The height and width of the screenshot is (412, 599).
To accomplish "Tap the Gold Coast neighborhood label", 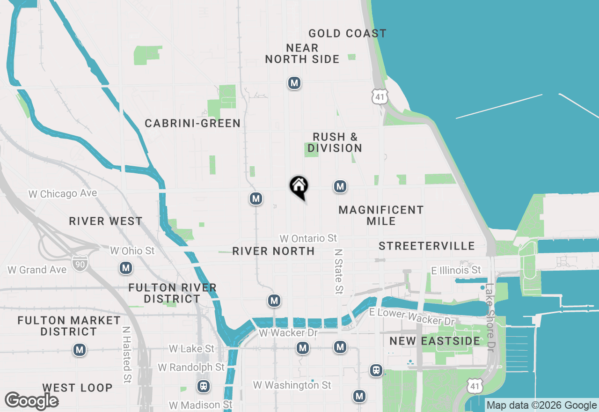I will pyautogui.click(x=347, y=33).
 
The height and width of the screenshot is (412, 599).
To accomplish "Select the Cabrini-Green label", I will pyautogui.click(x=192, y=123).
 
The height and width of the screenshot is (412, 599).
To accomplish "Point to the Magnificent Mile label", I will pyautogui.click(x=381, y=215).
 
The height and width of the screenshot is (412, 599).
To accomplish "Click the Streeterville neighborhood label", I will pyautogui.click(x=426, y=246).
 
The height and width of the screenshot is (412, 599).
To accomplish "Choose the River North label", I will pyautogui.click(x=273, y=251).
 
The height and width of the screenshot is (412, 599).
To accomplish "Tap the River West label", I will pyautogui.click(x=105, y=221).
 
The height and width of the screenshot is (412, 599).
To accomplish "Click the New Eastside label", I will pyautogui.click(x=435, y=341).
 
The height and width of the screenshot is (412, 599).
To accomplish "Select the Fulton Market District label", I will pyautogui.click(x=69, y=326).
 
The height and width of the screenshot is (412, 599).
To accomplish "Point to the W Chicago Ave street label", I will pyautogui.click(x=63, y=193).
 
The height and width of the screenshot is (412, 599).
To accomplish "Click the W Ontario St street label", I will pyautogui.click(x=308, y=238).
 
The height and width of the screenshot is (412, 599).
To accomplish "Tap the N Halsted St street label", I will pyautogui.click(x=126, y=354).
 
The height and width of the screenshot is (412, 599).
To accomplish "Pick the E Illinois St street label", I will pyautogui.click(x=456, y=270).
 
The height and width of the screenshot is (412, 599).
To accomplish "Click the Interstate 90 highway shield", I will pyautogui.click(x=79, y=264).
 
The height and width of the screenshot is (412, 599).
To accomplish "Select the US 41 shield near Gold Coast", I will pyautogui.click(x=380, y=96).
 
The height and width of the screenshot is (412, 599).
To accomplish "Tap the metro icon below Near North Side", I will pyautogui.click(x=294, y=83).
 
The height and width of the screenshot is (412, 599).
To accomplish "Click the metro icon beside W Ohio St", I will pyautogui.click(x=125, y=268).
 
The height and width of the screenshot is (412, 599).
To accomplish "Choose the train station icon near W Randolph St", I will pyautogui.click(x=204, y=386).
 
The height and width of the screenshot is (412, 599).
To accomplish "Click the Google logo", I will pyautogui.click(x=31, y=401).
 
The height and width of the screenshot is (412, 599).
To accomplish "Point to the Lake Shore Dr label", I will pyautogui.click(x=490, y=317).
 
